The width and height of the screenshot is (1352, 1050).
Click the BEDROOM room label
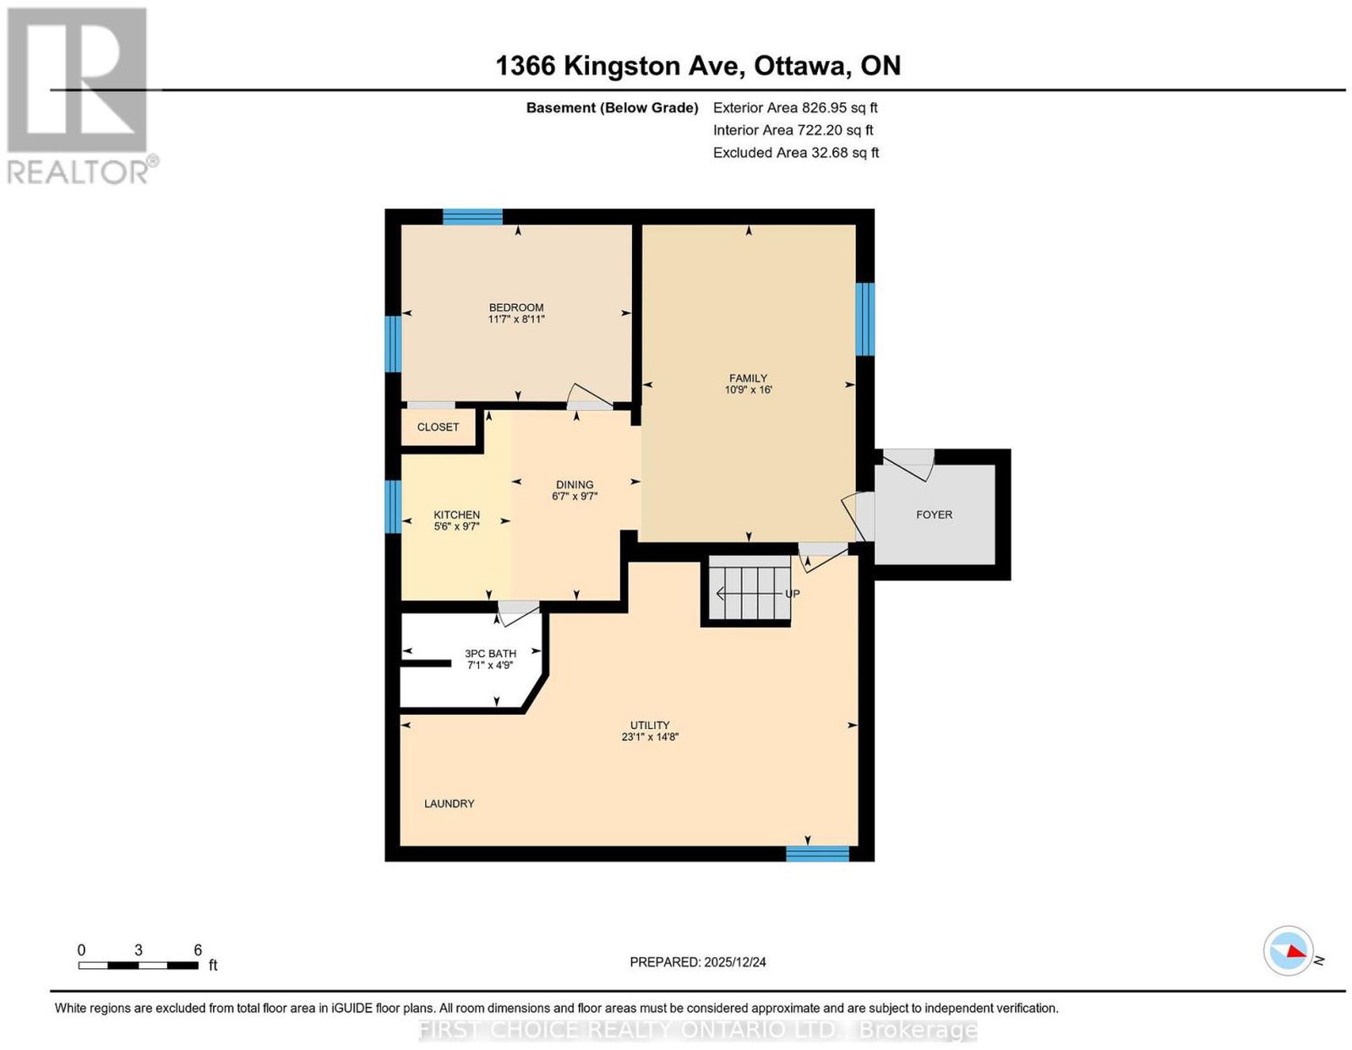pyautogui.click(x=515, y=307)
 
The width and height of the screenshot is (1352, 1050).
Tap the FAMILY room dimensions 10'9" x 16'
pyautogui.click(x=748, y=389)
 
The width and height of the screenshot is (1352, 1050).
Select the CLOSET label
pyautogui.click(x=438, y=427)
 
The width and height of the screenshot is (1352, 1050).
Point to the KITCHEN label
pyautogui.click(x=456, y=514)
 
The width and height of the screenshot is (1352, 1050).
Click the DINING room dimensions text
pyautogui.click(x=575, y=496)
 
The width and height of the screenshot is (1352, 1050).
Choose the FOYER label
pyautogui.click(x=934, y=514)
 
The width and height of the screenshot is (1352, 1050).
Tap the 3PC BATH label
pyautogui.click(x=490, y=653)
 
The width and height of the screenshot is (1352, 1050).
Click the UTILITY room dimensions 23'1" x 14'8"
pyautogui.click(x=650, y=737)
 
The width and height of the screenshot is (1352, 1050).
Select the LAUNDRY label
pyautogui.click(x=450, y=804)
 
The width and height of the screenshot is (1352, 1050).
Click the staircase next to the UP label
pyautogui.click(x=750, y=593)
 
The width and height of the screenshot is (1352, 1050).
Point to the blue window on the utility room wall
pyautogui.click(x=818, y=853)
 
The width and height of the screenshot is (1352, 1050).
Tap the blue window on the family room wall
pyautogui.click(x=864, y=319)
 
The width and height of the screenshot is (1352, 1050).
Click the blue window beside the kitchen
pyautogui.click(x=393, y=507)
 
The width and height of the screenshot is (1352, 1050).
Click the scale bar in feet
pyautogui.click(x=138, y=966)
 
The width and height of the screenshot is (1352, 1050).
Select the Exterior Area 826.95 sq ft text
pyautogui.click(x=795, y=107)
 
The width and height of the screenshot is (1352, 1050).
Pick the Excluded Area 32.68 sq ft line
pyautogui.click(x=796, y=152)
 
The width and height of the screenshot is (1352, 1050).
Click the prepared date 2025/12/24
pyautogui.click(x=735, y=962)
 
